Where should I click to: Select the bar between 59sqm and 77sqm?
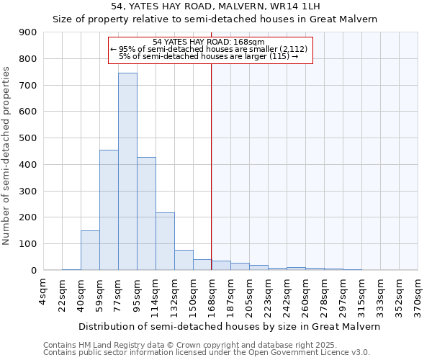coord(109,210)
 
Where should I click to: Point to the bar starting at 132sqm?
coord(184,260)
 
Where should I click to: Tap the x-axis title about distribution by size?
coord(230,326)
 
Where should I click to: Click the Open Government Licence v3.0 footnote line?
coord(207,353)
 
